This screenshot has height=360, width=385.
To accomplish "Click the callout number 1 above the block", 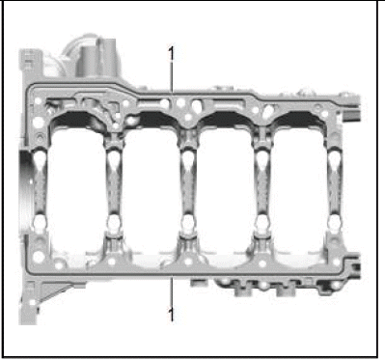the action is tap(172, 53).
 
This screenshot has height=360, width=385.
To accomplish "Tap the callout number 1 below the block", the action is tap(171, 315).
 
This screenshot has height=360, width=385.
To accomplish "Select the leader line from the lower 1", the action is tap(172, 291).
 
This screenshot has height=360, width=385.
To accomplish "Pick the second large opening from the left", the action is tap(151, 193).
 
